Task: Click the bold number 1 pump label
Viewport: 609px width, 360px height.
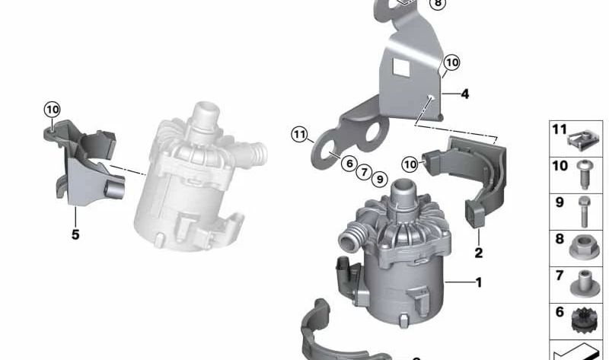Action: coord(479,282)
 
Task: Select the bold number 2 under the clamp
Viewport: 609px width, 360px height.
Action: coord(479,253)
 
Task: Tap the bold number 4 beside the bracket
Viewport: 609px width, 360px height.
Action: coord(464,94)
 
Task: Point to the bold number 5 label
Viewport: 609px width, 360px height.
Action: coord(75,234)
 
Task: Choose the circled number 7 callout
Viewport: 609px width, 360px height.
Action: coord(364,171)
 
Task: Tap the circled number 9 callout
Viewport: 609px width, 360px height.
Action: coord(379,179)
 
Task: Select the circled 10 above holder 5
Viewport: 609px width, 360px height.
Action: coord(52,110)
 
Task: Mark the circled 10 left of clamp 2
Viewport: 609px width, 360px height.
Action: coord(410,164)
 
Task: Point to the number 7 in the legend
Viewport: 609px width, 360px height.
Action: coord(560,276)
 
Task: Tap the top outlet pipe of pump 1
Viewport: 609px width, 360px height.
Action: coord(401,190)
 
